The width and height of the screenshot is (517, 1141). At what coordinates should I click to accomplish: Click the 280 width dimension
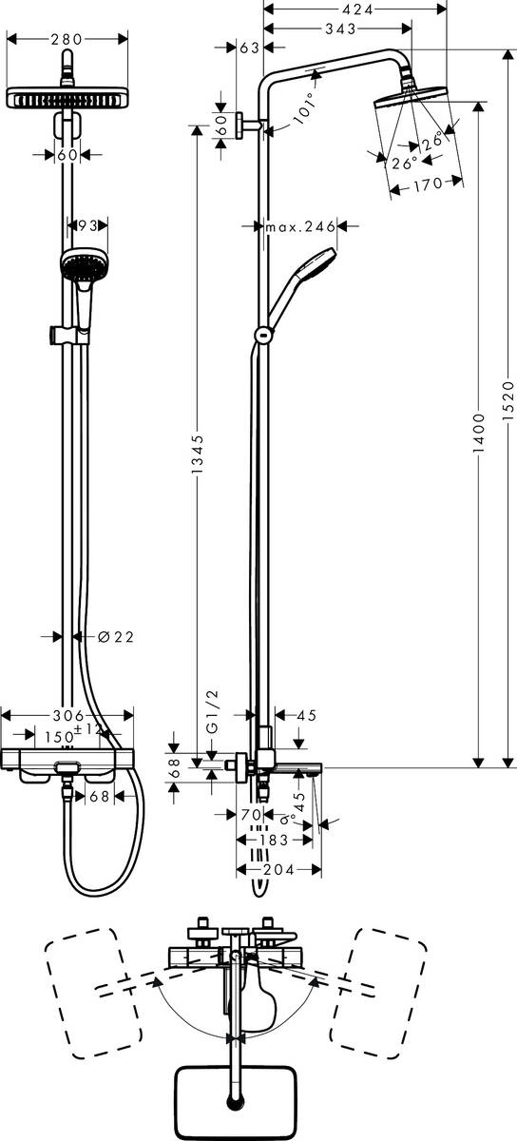click(x=66, y=39)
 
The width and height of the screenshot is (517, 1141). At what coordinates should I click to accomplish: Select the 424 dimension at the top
click(x=357, y=9)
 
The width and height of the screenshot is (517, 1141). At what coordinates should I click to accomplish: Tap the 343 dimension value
click(x=337, y=30)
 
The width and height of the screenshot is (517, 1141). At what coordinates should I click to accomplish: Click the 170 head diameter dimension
click(x=428, y=185)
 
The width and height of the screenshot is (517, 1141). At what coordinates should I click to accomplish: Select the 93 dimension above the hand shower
click(x=87, y=225)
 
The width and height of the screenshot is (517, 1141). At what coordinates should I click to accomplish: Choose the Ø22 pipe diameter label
click(x=116, y=637)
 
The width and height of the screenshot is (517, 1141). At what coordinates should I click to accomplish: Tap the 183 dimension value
click(x=275, y=841)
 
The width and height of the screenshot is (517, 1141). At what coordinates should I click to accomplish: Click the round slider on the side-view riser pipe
click(x=262, y=334)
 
